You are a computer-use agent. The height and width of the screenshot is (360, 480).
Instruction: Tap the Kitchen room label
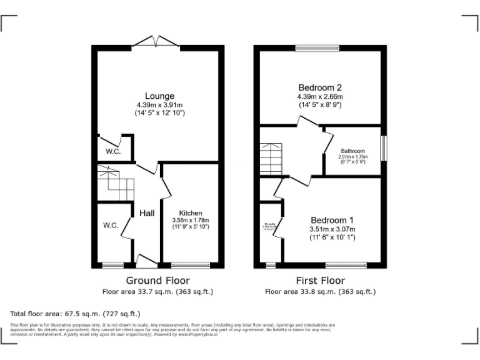[x=191, y=213]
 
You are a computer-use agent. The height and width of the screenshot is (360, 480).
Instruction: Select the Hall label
[x=147, y=214]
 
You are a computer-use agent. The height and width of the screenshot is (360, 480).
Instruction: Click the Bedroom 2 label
[x=319, y=87]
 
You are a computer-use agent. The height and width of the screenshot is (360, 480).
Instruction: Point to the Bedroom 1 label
[x=332, y=220]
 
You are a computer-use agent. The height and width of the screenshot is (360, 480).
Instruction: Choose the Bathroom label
[x=352, y=151]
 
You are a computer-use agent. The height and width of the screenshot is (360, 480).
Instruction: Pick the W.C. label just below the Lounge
[x=112, y=152]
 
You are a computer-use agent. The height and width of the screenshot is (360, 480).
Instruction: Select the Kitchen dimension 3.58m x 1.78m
[x=191, y=221]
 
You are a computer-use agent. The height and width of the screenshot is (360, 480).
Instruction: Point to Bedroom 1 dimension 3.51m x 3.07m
[x=332, y=229]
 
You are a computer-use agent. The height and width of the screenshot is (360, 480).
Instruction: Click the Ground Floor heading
[x=157, y=280]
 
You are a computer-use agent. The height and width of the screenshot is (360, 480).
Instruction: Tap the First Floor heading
[x=320, y=280]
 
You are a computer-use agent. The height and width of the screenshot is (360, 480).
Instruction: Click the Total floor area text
[x=76, y=314]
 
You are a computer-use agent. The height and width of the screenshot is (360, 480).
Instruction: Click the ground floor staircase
[x=116, y=183]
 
